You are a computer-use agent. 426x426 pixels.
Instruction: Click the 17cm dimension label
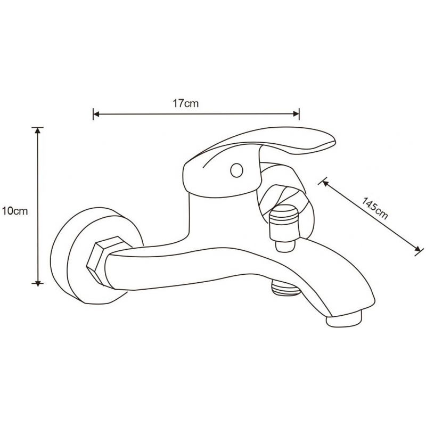(185, 104)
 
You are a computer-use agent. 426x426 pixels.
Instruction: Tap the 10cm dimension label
(14, 210)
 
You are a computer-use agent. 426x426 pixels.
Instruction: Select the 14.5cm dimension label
(375, 208)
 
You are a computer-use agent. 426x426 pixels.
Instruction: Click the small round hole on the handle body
(236, 171)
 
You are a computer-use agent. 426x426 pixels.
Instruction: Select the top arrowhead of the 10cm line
(37, 129)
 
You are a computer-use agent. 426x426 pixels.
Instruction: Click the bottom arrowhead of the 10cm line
(37, 283)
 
